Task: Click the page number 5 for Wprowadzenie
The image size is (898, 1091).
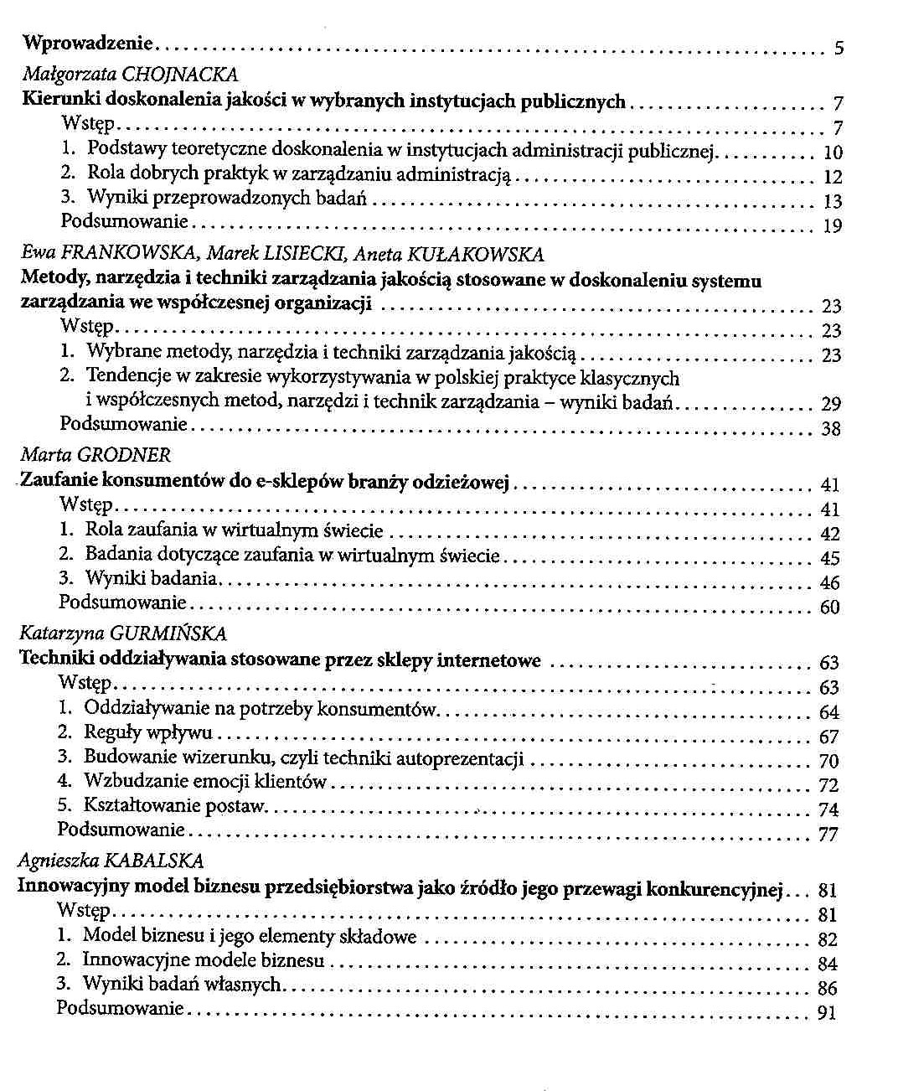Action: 838,49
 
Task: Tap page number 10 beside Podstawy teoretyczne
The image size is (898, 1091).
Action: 833,153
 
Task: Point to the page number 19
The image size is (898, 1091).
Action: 832,226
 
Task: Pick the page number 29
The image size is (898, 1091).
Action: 831,405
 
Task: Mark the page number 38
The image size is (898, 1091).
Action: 831,430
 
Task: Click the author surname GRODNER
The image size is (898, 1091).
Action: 123,456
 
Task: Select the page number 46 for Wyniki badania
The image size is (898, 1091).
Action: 829,583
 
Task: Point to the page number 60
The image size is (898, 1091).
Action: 829,608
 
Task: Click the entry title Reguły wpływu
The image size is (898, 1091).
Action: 147,733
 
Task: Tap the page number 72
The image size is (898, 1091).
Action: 828,786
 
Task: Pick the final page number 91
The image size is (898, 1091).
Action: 826,1013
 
